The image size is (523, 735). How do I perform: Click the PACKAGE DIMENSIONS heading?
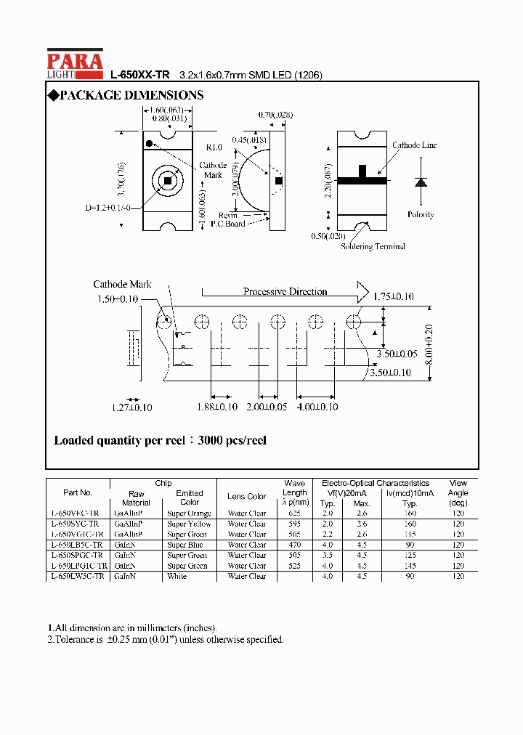[x=125, y=95]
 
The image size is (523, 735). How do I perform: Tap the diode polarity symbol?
[x=420, y=182]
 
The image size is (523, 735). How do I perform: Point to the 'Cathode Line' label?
[x=414, y=145]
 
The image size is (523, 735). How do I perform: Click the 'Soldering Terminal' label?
[x=373, y=246]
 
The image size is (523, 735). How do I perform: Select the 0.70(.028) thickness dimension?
[x=276, y=115]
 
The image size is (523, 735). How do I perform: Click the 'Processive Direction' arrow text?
[x=285, y=292]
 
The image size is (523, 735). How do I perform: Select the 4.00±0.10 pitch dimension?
[x=317, y=407]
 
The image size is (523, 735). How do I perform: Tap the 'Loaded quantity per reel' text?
[x=160, y=441]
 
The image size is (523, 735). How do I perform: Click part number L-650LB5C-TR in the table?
[x=77, y=545]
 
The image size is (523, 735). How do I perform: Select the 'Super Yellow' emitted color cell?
[x=189, y=524]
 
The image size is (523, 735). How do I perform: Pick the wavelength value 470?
[x=294, y=545]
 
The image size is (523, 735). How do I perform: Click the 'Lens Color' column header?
[x=247, y=497]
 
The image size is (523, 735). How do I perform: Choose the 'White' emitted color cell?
[x=177, y=576]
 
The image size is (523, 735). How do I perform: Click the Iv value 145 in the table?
[x=410, y=566]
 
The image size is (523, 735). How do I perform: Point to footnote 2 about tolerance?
[x=166, y=639]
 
